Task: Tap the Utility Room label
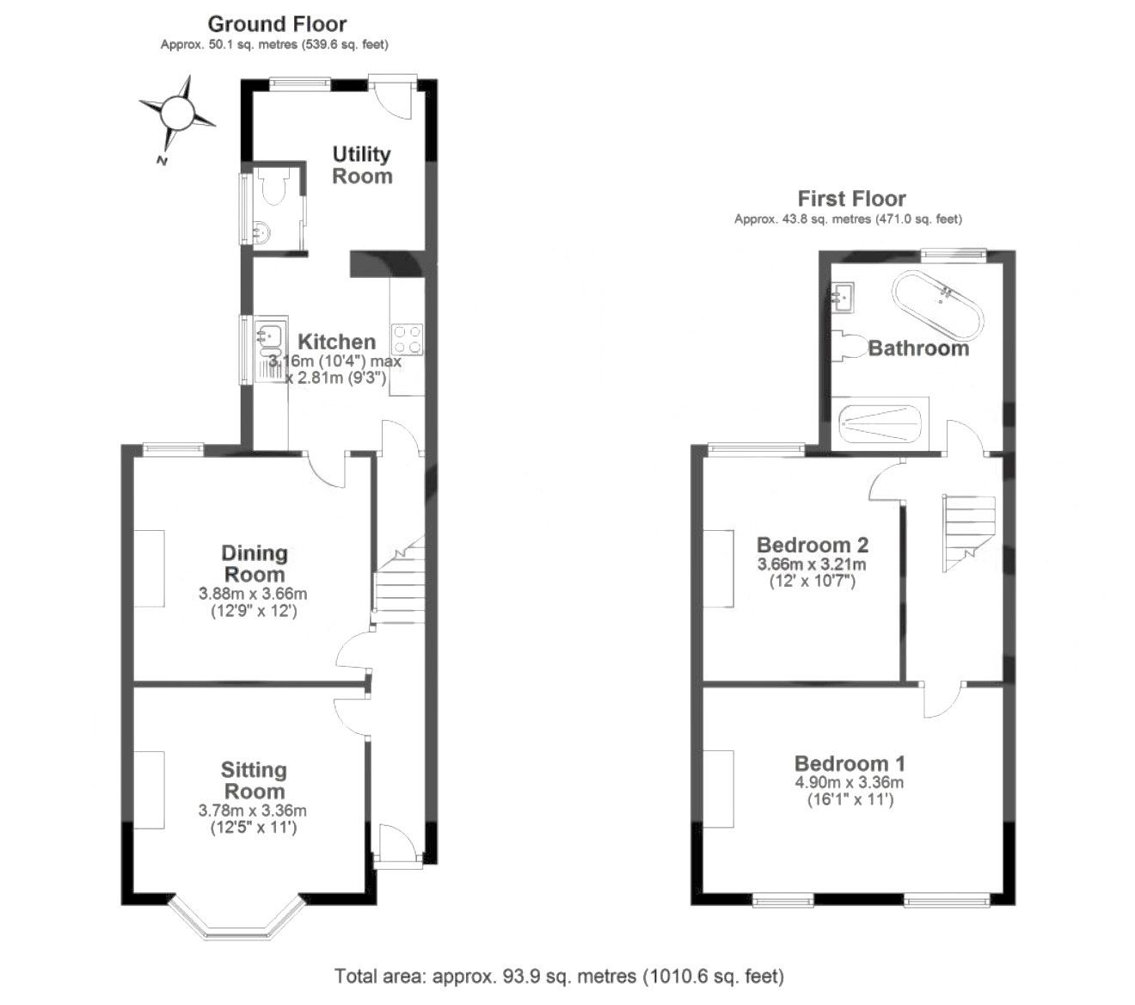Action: pyautogui.click(x=361, y=165)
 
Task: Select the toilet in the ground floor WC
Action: pyautogui.click(x=273, y=186)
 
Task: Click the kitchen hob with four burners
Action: pyautogui.click(x=408, y=339)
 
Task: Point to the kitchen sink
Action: pyautogui.click(x=271, y=348)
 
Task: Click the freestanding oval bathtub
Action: pyautogui.click(x=937, y=305)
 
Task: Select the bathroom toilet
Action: pyautogui.click(x=849, y=345)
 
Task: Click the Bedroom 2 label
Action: pyautogui.click(x=812, y=545)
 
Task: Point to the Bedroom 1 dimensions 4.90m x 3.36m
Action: pyautogui.click(x=850, y=782)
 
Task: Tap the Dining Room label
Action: pyautogui.click(x=255, y=564)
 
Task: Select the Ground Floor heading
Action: pyautogui.click(x=277, y=24)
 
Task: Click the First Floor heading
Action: pyautogui.click(x=851, y=199)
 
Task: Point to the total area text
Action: pyautogui.click(x=559, y=976)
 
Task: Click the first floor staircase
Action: pyautogui.click(x=968, y=533)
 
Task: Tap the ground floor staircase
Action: pyautogui.click(x=399, y=579)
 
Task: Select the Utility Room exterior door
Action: pyautogui.click(x=393, y=96)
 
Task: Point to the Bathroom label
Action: pyautogui.click(x=918, y=348)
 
